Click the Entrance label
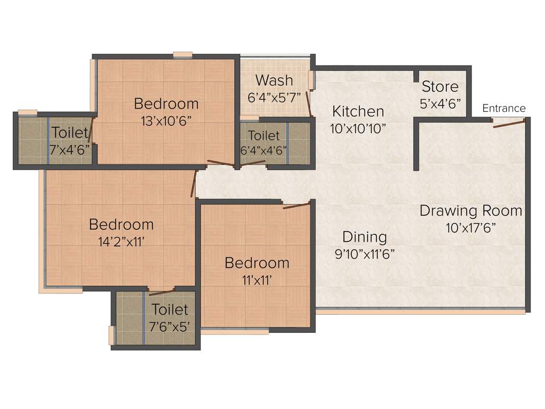click(503, 108)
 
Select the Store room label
click(440, 86)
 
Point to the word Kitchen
click(358, 111)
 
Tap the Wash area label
click(274, 80)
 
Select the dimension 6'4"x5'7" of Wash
click(275, 97)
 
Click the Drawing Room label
click(470, 210)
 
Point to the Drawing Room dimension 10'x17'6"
click(471, 227)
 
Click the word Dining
click(365, 236)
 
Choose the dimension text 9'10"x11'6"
click(365, 253)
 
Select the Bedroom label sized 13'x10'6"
click(166, 103)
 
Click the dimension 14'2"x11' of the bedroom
click(121, 241)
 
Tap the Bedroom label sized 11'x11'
click(257, 263)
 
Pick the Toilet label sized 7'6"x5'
click(170, 309)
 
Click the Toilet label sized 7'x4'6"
click(70, 133)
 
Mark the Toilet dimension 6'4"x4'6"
click(263, 150)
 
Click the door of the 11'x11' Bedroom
click(296, 205)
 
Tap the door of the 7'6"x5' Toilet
click(162, 291)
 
